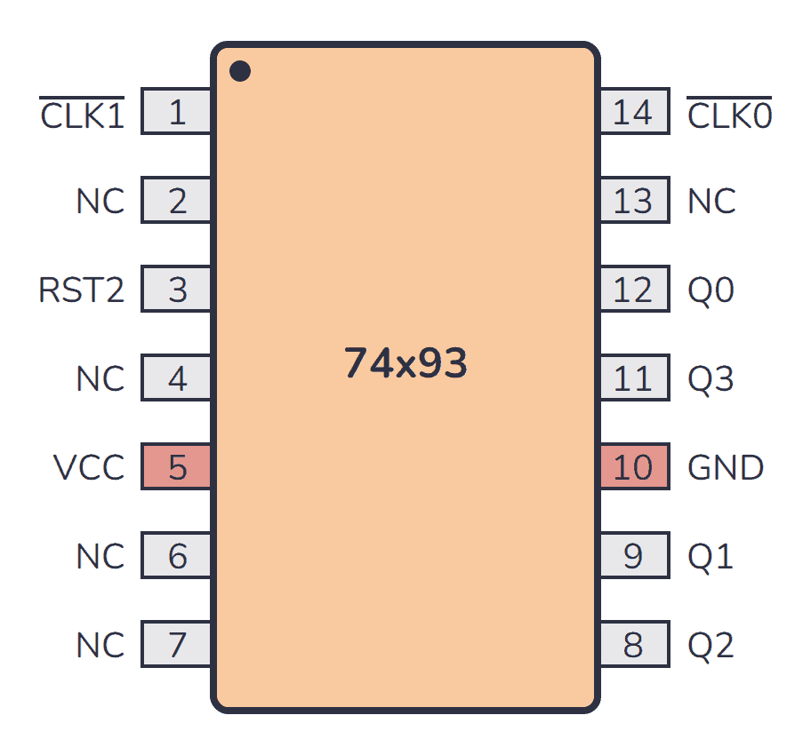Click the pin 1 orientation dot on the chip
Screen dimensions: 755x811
239,71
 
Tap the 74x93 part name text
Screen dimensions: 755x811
405,364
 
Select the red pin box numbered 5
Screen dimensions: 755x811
177,467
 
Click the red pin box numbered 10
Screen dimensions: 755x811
633,467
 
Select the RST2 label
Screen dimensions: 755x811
82,290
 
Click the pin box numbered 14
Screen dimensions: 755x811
633,113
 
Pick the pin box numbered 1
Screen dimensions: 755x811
177,113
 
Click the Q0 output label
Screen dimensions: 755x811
711,290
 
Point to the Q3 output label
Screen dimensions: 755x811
711,379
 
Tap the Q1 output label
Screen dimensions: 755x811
711,557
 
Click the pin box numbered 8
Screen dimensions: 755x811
633,645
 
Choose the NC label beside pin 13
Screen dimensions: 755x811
711,202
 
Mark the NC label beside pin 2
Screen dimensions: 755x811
100,202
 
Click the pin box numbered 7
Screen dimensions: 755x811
177,645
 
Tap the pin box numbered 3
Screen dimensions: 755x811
177,290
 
